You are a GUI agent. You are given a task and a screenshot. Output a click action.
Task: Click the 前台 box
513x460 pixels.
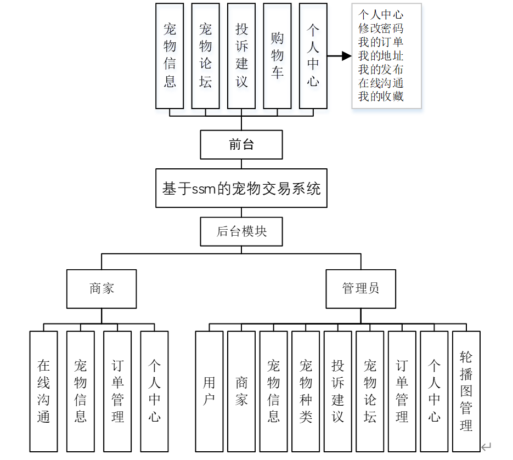[x=241, y=145]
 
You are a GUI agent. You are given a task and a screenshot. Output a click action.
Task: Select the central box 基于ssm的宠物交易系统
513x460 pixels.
[x=241, y=188]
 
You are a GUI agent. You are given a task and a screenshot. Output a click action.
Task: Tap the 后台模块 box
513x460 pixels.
[x=241, y=231]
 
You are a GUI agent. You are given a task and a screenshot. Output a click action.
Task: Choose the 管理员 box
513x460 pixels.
[x=360, y=288]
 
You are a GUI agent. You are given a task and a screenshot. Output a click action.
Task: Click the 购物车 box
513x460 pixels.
[x=277, y=56]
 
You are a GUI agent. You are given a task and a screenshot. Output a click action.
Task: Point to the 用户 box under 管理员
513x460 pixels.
[x=209, y=391]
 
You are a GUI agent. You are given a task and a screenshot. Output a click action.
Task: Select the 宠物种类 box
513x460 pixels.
[x=306, y=391]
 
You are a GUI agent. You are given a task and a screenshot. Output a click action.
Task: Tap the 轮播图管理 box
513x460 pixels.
[x=466, y=391]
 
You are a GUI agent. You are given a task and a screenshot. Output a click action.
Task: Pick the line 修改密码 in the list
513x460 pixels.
[x=381, y=29]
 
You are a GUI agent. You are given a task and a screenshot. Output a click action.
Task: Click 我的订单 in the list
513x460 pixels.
[x=381, y=42]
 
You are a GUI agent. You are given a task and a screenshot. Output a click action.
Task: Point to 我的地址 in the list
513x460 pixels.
[x=381, y=56]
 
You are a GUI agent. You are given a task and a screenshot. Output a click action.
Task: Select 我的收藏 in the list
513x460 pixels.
[x=381, y=96]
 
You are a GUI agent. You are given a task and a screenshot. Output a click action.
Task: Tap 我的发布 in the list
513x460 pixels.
[x=381, y=70]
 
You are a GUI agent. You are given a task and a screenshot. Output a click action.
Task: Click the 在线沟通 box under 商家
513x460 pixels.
[x=44, y=391]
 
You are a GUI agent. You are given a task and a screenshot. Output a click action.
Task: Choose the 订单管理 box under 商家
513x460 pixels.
[x=117, y=391]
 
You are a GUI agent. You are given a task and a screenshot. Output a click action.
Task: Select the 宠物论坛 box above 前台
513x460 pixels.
[x=205, y=56]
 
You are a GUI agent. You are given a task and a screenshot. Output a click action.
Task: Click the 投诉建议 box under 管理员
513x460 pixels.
[x=337, y=391]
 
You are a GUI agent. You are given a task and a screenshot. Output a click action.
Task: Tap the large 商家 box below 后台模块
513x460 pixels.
[x=102, y=288]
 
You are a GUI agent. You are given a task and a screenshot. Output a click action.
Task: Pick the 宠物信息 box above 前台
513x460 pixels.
[x=170, y=56]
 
